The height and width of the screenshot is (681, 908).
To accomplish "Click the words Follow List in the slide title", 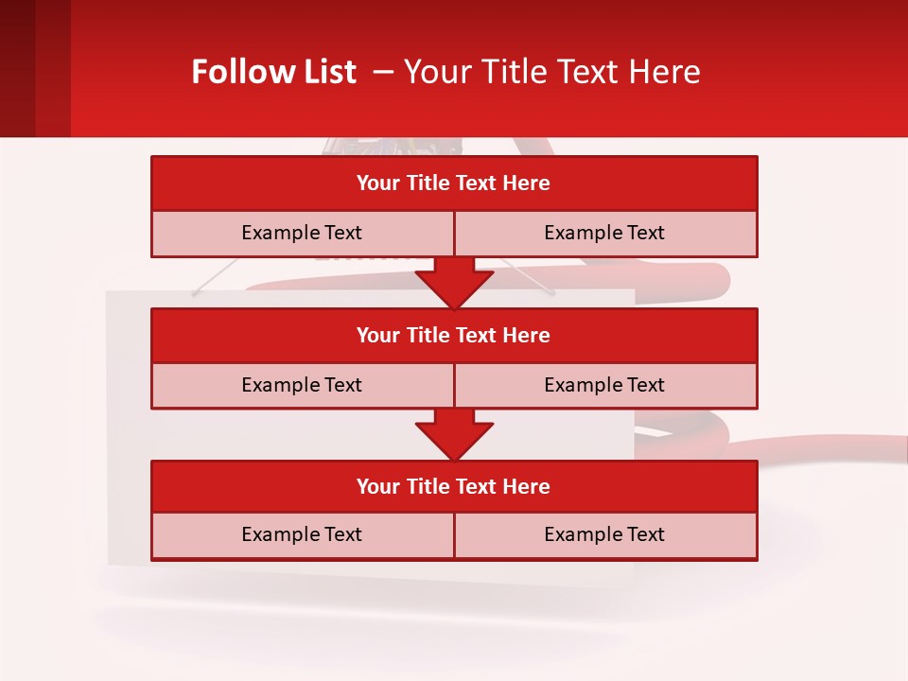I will click(273, 72).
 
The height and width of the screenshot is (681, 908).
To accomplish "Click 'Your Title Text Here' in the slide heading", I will click(551, 72).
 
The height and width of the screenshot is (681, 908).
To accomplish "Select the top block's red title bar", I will click(454, 183).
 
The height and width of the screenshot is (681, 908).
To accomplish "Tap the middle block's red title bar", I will click(454, 335).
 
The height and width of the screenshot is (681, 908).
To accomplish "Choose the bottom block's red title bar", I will click(454, 486).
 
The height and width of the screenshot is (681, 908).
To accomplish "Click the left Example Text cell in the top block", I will click(302, 233).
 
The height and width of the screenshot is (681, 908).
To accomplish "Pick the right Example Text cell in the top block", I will click(604, 233).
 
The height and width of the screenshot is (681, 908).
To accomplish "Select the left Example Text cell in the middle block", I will click(302, 385).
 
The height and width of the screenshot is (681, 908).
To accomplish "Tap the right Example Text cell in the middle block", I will click(604, 385).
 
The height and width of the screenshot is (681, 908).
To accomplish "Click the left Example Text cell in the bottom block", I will click(302, 534).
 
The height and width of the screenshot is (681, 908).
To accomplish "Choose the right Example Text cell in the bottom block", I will click(604, 534).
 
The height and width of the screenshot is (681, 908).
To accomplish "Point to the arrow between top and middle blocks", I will click(454, 283).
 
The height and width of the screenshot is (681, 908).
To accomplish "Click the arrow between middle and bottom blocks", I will click(454, 435).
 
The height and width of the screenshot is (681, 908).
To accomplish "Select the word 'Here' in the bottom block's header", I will click(527, 486).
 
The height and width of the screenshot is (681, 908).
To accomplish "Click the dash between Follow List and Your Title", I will click(383, 72).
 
